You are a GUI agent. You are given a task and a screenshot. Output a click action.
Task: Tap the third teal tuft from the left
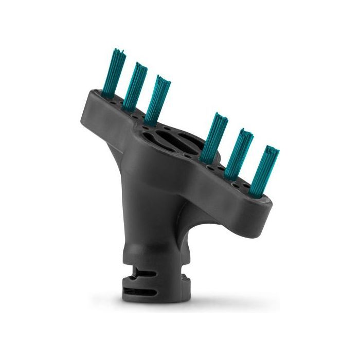coord(158,96)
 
